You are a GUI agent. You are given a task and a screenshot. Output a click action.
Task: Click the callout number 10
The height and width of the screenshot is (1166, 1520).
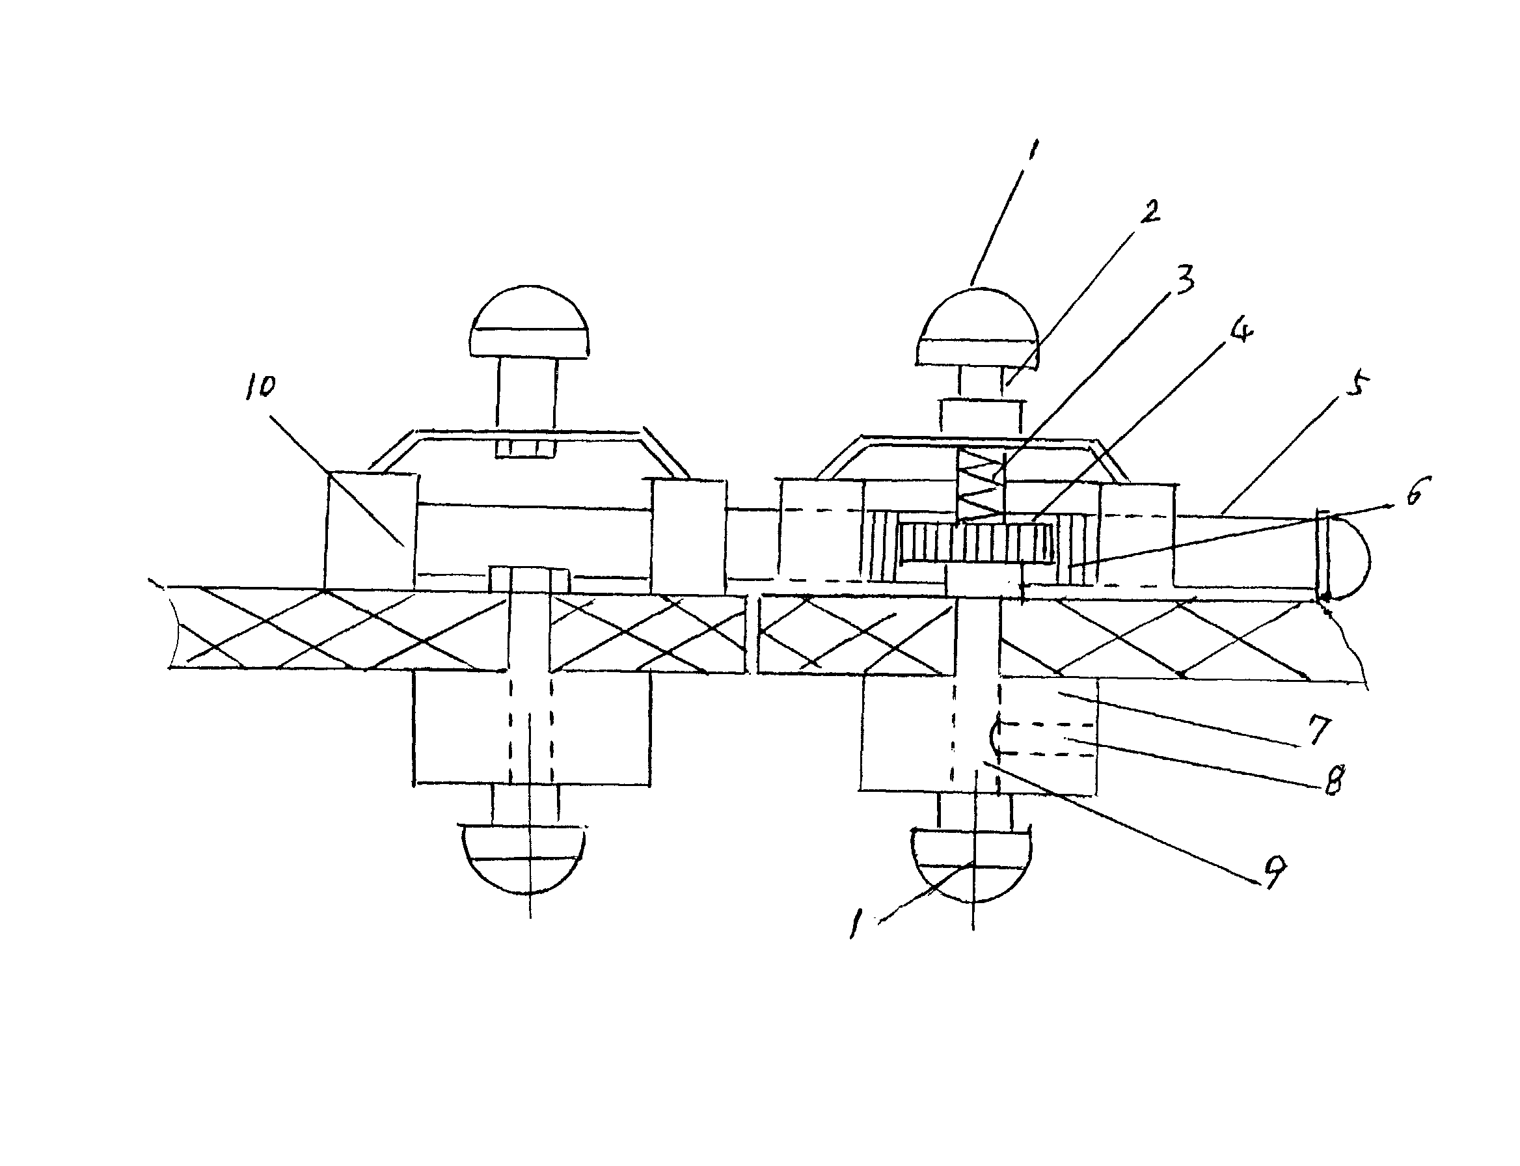click(x=260, y=386)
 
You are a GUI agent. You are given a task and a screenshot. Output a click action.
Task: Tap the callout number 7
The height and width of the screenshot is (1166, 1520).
click(x=1320, y=729)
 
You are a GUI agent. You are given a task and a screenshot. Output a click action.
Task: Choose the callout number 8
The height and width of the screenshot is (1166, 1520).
click(x=1333, y=780)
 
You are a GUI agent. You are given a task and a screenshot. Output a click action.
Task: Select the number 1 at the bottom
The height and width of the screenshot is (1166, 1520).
click(x=855, y=924)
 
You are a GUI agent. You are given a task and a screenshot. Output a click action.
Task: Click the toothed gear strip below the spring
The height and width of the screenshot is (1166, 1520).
click(x=976, y=543)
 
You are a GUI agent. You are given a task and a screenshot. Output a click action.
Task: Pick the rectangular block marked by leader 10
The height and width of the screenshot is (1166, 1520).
click(x=372, y=531)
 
